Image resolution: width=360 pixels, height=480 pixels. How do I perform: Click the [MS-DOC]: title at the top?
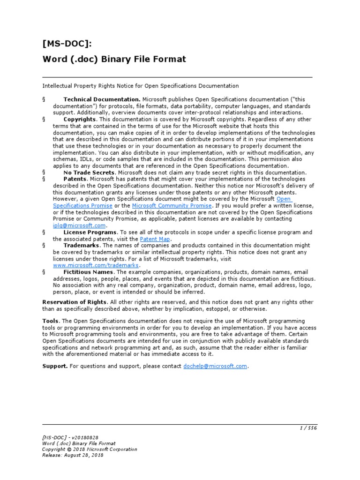pyautogui.click(x=67, y=44)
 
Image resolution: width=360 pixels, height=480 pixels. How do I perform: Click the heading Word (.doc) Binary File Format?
pyautogui.click(x=114, y=59)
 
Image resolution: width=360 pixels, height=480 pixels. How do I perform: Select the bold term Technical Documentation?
pyautogui.click(x=102, y=99)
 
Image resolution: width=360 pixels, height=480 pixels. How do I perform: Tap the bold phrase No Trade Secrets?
pyautogui.click(x=89, y=172)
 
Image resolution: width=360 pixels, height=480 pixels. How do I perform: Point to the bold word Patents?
pyautogui.click(x=75, y=179)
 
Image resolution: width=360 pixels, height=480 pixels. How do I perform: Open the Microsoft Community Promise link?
pyautogui.click(x=172, y=206)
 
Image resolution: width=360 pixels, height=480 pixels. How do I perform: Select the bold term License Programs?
pyautogui.click(x=90, y=232)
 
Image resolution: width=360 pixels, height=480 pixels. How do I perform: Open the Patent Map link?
pyautogui.click(x=155, y=239)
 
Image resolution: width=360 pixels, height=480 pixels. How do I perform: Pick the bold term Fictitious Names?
pyautogui.click(x=88, y=272)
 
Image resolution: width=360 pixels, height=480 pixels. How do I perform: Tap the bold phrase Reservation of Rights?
pyautogui.click(x=75, y=302)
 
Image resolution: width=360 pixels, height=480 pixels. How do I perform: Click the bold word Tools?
pyautogui.click(x=51, y=321)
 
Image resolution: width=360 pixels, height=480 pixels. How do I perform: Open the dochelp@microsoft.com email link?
pyautogui.click(x=215, y=366)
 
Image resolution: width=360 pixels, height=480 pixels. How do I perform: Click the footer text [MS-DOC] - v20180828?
pyautogui.click(x=70, y=437)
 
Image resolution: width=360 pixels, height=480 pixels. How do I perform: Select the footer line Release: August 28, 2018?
pyautogui.click(x=73, y=455)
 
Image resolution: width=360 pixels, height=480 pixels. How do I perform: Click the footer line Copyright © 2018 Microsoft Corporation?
pyautogui.click(x=90, y=449)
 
